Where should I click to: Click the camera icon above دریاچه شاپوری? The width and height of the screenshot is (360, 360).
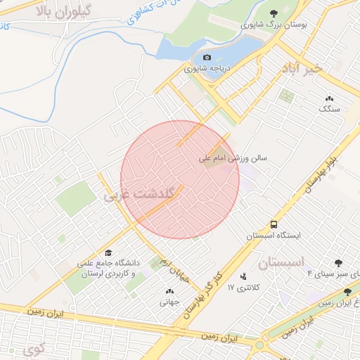point(207,58)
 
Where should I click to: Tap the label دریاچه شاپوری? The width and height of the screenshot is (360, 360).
point(207,69)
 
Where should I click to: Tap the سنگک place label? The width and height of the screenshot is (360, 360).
point(329,109)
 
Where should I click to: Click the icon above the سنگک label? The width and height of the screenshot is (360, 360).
point(329,98)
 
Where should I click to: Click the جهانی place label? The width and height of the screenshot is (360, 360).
point(169,303)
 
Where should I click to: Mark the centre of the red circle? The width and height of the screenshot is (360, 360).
point(180,180)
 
